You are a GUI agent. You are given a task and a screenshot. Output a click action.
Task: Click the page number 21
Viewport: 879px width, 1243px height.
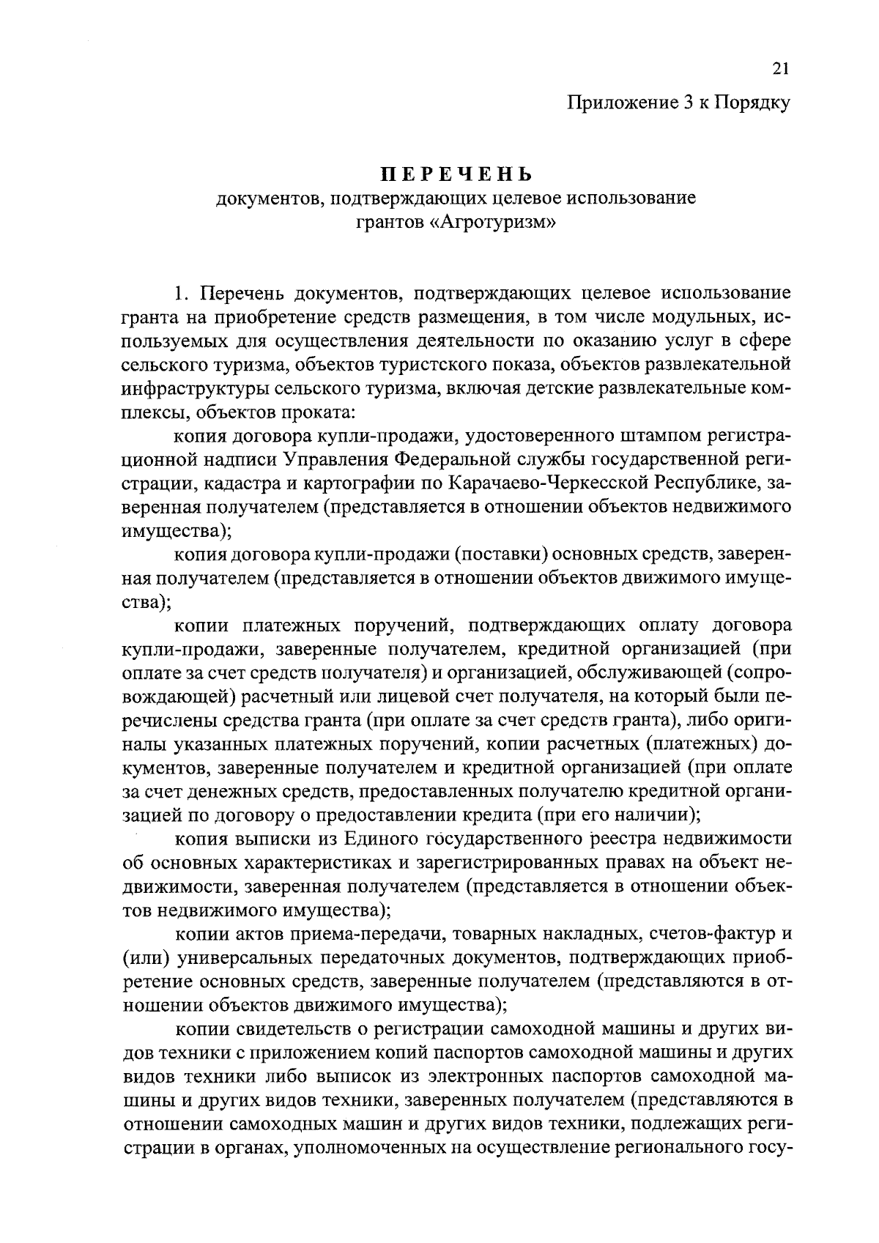[x=780, y=69]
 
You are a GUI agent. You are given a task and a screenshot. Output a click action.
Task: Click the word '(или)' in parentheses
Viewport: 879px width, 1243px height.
[x=145, y=958]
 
